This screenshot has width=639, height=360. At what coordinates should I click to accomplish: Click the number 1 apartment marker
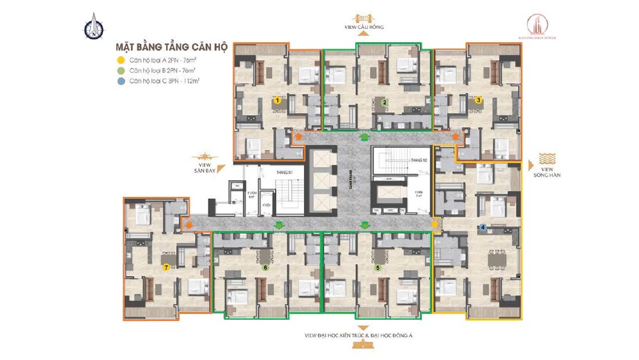tap(277, 100)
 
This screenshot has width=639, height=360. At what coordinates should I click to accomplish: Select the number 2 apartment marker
tap(384, 102)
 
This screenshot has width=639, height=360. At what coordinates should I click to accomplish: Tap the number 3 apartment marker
tap(479, 100)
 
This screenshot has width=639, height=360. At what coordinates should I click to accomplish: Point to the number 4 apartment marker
tap(483, 227)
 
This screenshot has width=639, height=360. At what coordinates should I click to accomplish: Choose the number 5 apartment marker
tap(378, 268)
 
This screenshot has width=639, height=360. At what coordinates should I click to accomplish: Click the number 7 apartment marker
tap(166, 268)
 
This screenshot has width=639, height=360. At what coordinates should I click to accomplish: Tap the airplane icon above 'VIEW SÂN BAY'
tap(205, 156)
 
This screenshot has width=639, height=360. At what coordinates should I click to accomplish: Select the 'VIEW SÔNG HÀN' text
tap(546, 171)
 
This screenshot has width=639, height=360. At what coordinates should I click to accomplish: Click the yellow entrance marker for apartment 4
tap(435, 224)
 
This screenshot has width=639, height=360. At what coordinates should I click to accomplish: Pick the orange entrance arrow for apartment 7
tap(188, 224)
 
